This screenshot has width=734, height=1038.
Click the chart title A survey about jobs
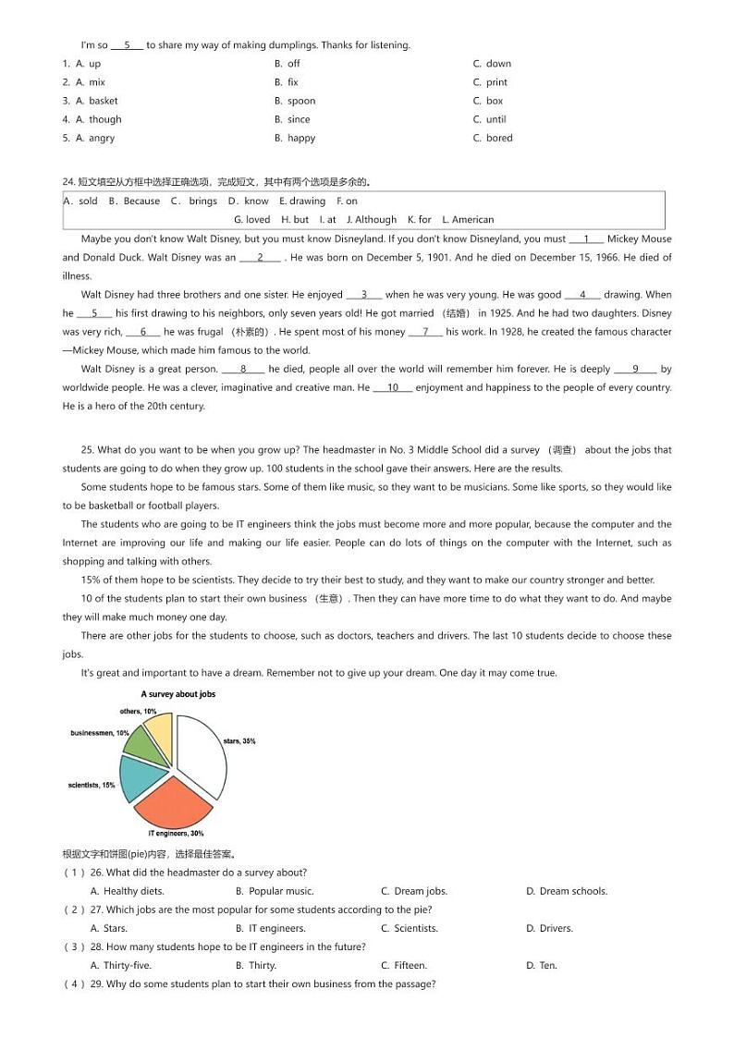pyautogui.click(x=177, y=694)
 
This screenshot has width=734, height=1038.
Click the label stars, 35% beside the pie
pyautogui.click(x=239, y=741)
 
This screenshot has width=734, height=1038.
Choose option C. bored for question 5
pyautogui.click(x=493, y=138)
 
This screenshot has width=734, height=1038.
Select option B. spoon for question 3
pyautogui.click(x=295, y=101)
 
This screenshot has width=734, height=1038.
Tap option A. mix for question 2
pyautogui.click(x=91, y=82)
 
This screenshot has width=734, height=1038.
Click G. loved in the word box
pyautogui.click(x=252, y=220)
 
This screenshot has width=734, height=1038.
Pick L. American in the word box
pyautogui.click(x=468, y=220)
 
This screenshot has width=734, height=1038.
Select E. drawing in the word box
pyautogui.click(x=302, y=201)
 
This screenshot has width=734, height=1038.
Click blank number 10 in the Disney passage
pyautogui.click(x=393, y=387)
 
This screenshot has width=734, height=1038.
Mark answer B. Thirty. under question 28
pyautogui.click(x=256, y=965)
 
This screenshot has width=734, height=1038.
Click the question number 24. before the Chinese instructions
pyautogui.click(x=68, y=182)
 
